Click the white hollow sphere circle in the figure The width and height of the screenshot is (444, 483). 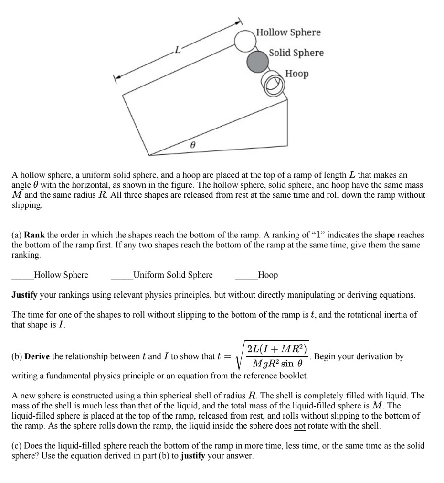click(x=245, y=41)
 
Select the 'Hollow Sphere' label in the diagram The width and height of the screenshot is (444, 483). click(x=288, y=32)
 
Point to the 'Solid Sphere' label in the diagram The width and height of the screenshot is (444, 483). click(x=296, y=53)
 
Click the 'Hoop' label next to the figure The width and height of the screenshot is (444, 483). click(x=297, y=74)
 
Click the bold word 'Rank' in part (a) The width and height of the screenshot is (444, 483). click(x=34, y=236)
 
